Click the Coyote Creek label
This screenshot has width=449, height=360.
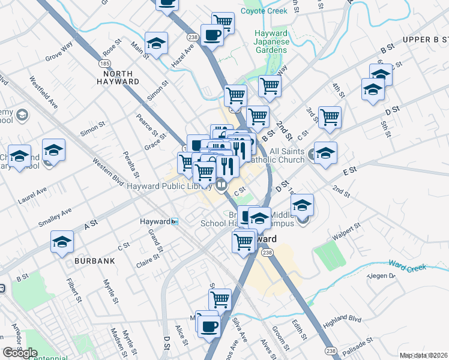click(x=264, y=11)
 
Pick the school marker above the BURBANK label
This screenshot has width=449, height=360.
click(x=62, y=242)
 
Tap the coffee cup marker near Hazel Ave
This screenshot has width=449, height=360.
click(x=211, y=35)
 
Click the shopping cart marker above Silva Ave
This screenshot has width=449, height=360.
click(x=220, y=299)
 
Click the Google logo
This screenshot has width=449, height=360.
click(x=20, y=353)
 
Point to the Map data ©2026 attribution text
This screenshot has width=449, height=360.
click(x=424, y=355)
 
